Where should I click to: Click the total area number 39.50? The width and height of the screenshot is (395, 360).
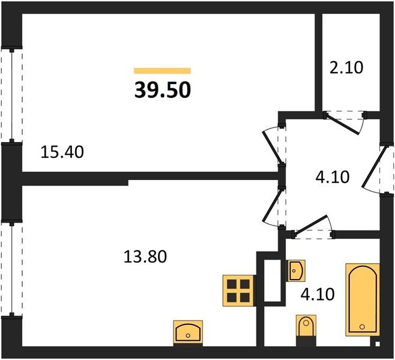pyautogui.click(x=163, y=90)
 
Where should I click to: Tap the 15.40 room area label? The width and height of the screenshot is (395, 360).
pyautogui.click(x=62, y=152)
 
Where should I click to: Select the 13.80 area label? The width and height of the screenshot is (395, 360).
pyautogui.click(x=145, y=257)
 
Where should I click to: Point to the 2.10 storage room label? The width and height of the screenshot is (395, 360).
pyautogui.click(x=346, y=67)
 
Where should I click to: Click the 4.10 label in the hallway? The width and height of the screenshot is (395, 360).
pyautogui.click(x=333, y=177)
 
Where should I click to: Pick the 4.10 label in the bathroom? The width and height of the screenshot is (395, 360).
pyautogui.click(x=318, y=294)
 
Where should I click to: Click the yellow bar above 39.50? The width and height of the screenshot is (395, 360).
pyautogui.click(x=162, y=71)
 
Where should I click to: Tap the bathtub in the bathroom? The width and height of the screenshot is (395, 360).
pyautogui.click(x=363, y=299)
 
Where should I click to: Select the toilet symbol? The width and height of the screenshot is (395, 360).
pyautogui.click(x=306, y=326)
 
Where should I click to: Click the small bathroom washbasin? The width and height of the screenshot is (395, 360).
pyautogui.click(x=297, y=271)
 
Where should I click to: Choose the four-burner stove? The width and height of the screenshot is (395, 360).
pyautogui.click(x=238, y=291)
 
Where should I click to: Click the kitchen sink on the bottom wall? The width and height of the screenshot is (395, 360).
pyautogui.click(x=188, y=332)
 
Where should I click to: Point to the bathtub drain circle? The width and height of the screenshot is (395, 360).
pyautogui.click(x=362, y=327)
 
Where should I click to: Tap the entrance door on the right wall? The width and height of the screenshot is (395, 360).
pyautogui.click(x=373, y=167)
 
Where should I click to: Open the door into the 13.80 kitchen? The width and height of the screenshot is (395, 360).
pyautogui.click(x=272, y=206)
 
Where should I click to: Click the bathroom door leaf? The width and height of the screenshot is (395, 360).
pyautogui.click(x=311, y=226)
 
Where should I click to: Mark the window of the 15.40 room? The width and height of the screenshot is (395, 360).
pyautogui.click(x=11, y=95)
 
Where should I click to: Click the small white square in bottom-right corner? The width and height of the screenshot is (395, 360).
pyautogui.click(x=378, y=344)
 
